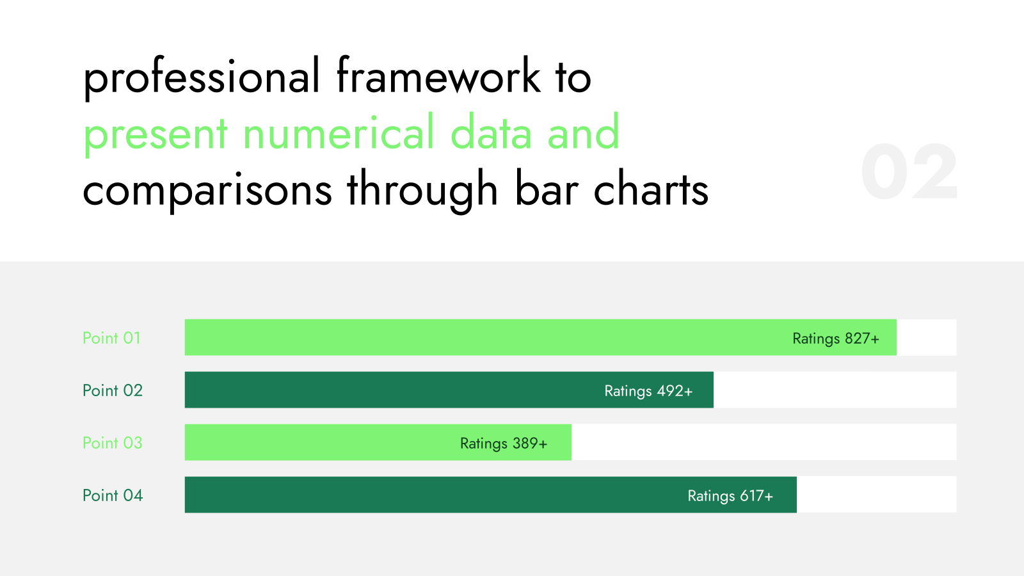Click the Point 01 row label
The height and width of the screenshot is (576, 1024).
click(x=111, y=338)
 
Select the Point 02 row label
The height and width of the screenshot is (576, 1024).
click(x=113, y=390)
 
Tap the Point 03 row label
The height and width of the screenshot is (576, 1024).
click(x=113, y=442)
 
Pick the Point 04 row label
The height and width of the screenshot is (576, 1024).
click(x=113, y=495)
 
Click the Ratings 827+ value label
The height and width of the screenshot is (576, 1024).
click(x=836, y=339)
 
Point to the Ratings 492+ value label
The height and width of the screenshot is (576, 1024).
click(x=648, y=391)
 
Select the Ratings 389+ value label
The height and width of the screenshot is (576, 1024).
click(x=503, y=444)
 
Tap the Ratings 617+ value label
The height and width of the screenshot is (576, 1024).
click(x=730, y=496)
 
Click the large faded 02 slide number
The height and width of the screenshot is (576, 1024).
click(x=909, y=172)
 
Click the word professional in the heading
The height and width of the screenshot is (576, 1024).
click(x=201, y=77)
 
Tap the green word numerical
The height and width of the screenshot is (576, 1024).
click(x=338, y=133)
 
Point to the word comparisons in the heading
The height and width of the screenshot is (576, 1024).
click(x=207, y=191)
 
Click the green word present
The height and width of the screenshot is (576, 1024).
click(x=156, y=135)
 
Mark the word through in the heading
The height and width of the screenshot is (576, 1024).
click(x=422, y=191)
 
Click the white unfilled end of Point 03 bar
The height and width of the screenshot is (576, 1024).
click(x=764, y=442)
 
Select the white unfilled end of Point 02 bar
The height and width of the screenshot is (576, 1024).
click(x=835, y=390)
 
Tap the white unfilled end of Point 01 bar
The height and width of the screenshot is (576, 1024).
click(x=927, y=337)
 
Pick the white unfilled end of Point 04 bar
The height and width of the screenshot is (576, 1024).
click(x=877, y=495)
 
